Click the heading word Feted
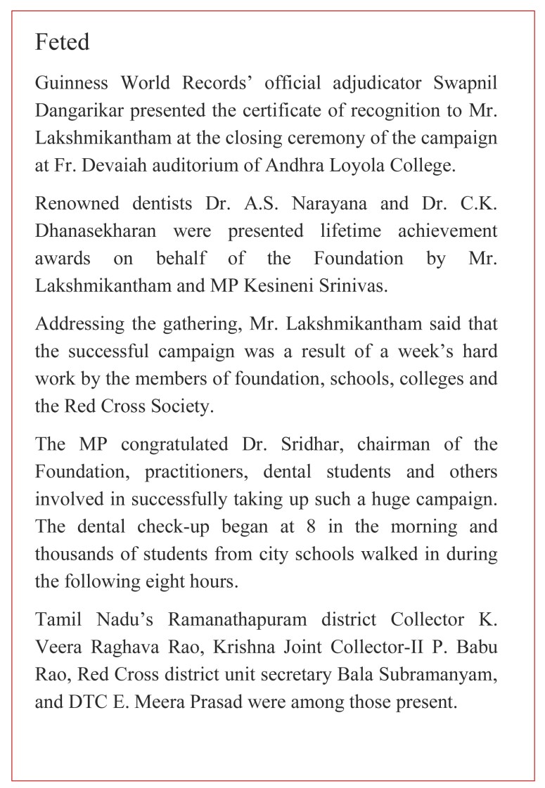coord(63,42)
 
